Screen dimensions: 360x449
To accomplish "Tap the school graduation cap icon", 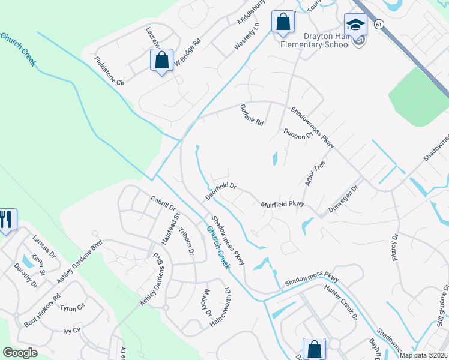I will (x=355, y=26).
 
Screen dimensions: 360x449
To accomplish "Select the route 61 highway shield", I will (x=378, y=25).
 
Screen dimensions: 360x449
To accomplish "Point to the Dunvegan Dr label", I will (x=343, y=200).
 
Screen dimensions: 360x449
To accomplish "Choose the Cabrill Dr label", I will (x=162, y=203).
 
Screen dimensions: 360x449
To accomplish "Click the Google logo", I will (x=20, y=353).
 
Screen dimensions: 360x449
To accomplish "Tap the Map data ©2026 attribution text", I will (x=423, y=355).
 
